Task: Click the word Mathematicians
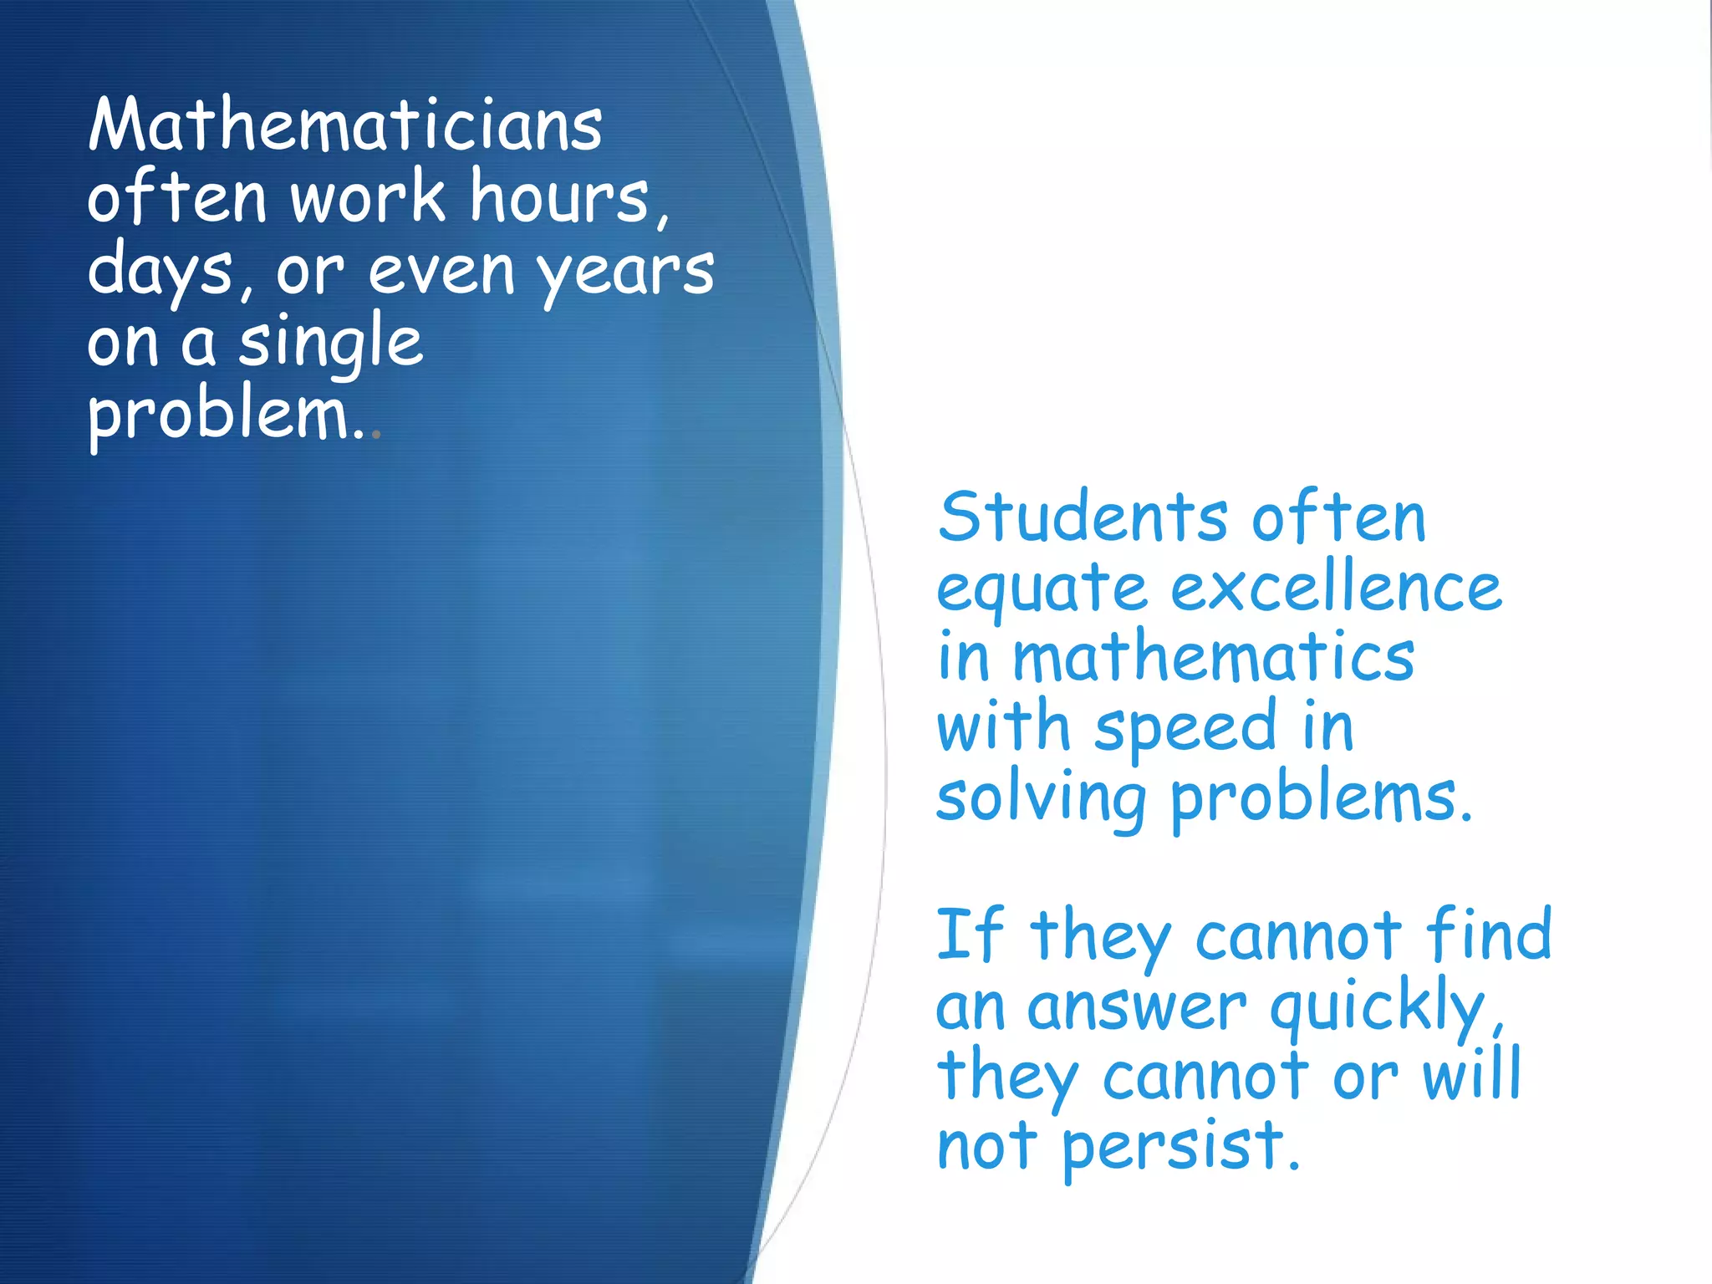click(x=344, y=125)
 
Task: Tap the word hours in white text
click(x=568, y=197)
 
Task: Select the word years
click(x=625, y=273)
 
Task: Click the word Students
click(x=1083, y=517)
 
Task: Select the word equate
click(x=1042, y=588)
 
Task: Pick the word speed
click(x=1185, y=728)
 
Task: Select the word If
click(x=968, y=935)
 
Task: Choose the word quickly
click(x=1383, y=1006)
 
